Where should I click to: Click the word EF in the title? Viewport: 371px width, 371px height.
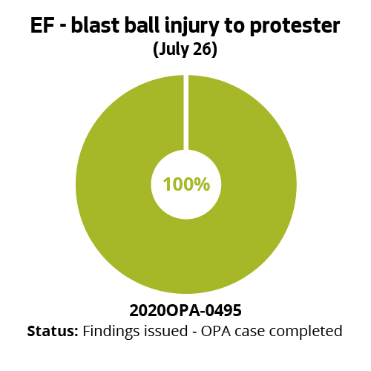point(42,26)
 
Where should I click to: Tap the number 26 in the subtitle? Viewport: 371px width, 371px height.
point(203,50)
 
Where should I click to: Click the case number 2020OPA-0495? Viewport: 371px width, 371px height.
point(185,309)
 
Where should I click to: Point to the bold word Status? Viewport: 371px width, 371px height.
point(52,330)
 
